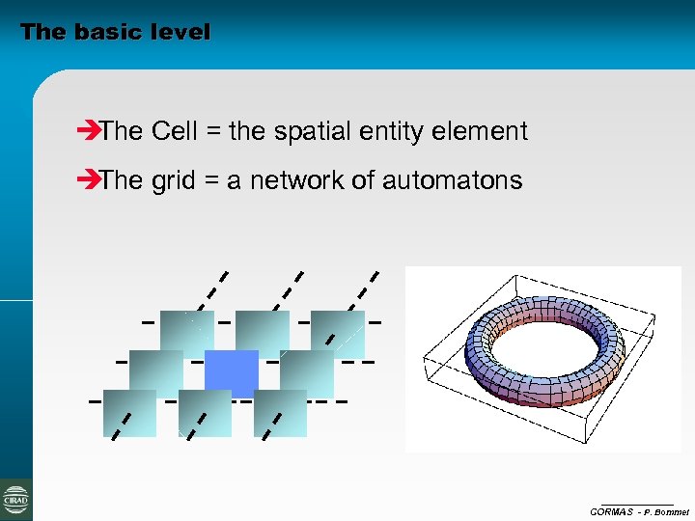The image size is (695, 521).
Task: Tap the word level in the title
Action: (x=180, y=32)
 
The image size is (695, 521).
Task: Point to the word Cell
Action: (x=174, y=131)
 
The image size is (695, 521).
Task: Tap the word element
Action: (x=486, y=131)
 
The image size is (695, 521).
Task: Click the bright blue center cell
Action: (x=232, y=373)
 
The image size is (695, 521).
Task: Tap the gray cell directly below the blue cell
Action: (x=205, y=413)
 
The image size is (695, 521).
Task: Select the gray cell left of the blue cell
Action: (x=155, y=373)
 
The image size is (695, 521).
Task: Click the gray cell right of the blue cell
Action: (x=307, y=373)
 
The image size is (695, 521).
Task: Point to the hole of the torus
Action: (x=545, y=343)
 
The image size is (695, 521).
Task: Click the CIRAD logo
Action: (x=15, y=499)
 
